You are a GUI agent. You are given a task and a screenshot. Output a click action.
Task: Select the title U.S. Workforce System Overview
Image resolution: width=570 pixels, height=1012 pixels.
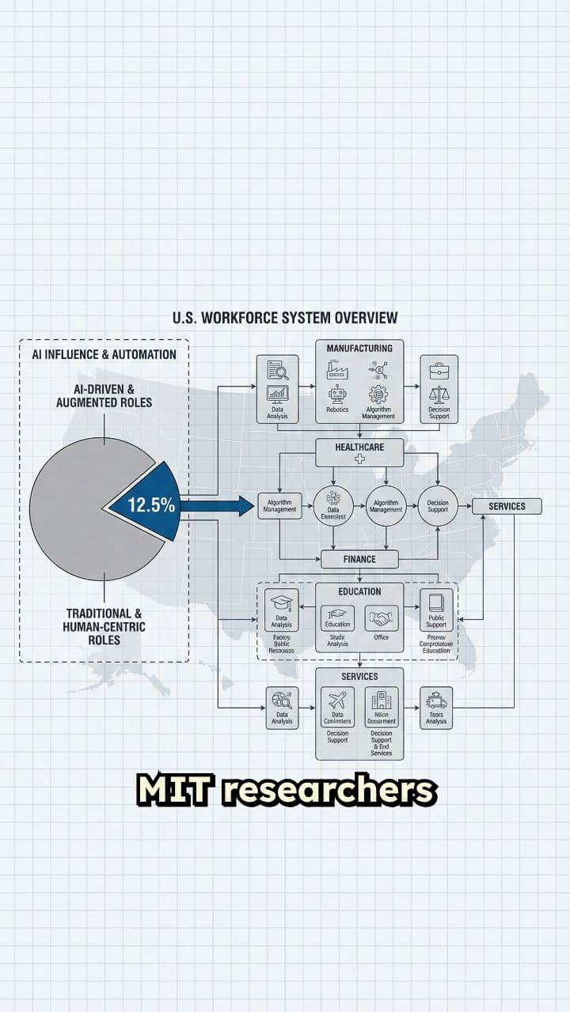(x=285, y=318)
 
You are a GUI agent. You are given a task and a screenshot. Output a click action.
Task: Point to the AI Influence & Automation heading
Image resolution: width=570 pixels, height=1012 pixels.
(x=104, y=354)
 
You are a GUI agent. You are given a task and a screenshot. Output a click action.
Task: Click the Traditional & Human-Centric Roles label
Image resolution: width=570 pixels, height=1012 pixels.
(x=104, y=626)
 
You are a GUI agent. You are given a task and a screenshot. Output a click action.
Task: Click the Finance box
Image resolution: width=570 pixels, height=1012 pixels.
(x=359, y=559)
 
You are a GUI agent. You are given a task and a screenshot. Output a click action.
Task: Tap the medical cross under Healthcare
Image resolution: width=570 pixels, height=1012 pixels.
(x=359, y=459)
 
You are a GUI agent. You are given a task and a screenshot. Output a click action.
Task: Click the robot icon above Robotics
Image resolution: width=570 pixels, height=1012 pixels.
(x=338, y=393)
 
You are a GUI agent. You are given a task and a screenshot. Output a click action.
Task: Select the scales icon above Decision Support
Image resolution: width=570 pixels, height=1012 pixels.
(x=439, y=393)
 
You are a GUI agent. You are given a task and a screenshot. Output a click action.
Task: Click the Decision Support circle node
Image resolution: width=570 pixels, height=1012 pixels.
(x=438, y=506)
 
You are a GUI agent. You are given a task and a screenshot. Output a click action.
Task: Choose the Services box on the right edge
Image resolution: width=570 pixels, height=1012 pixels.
(x=507, y=506)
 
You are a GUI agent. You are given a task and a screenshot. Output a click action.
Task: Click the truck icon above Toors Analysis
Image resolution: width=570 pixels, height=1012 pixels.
(x=436, y=700)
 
